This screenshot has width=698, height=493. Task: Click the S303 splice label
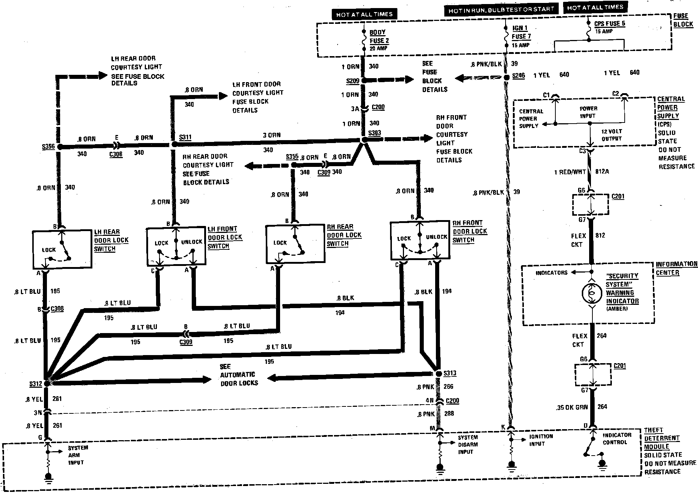(374, 133)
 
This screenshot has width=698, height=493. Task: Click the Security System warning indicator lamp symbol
(591, 293)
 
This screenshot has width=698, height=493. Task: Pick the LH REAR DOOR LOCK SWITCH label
(111, 240)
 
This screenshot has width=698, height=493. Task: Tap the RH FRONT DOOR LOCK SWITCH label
(470, 231)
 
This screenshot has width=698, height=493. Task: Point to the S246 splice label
(518, 76)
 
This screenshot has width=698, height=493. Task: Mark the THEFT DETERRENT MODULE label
(662, 438)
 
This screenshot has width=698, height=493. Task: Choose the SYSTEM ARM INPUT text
(78, 455)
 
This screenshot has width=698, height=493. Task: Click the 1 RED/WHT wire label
(570, 172)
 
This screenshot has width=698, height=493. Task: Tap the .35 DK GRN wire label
(571, 407)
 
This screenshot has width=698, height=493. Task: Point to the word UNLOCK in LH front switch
(192, 242)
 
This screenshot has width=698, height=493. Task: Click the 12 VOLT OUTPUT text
(611, 135)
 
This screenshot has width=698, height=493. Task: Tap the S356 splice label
(48, 147)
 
